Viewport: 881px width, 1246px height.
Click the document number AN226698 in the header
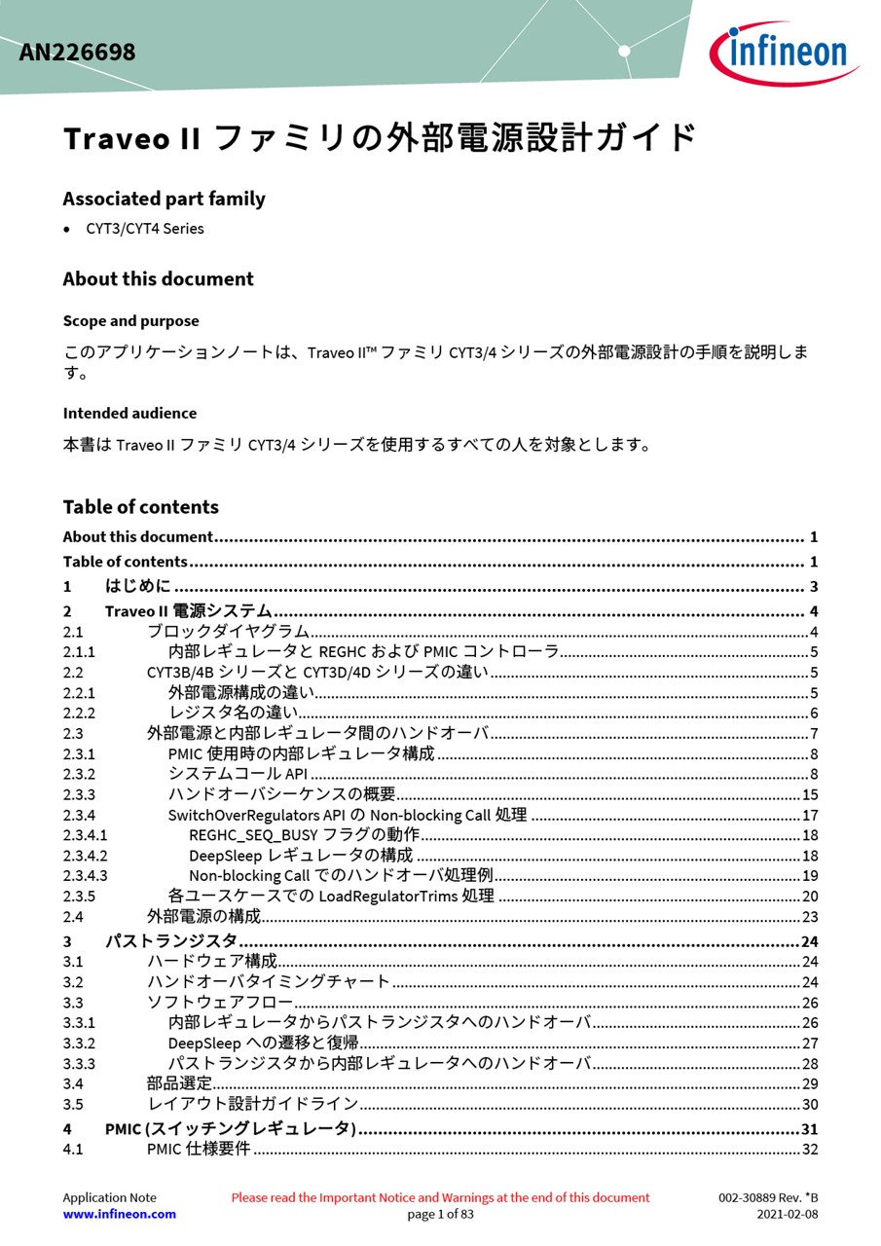point(77,52)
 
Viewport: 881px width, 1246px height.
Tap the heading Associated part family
point(164,199)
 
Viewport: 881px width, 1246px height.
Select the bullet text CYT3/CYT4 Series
point(145,229)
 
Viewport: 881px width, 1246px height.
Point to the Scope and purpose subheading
point(130,321)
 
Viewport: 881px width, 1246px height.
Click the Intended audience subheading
point(129,414)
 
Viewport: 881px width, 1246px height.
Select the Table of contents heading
point(140,507)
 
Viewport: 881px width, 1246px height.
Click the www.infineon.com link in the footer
point(119,1214)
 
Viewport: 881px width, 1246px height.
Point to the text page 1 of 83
point(440,1214)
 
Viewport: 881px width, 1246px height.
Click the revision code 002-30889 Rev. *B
point(768,1197)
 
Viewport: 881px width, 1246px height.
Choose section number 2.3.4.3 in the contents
point(85,876)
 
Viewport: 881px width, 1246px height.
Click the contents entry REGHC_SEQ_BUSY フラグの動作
point(304,835)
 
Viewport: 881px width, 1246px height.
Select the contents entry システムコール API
point(238,774)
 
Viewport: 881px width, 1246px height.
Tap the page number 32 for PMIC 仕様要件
point(809,1150)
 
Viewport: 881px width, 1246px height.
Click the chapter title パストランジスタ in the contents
point(171,941)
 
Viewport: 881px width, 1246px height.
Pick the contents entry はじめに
point(137,586)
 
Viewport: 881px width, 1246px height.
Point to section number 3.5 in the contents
point(73,1104)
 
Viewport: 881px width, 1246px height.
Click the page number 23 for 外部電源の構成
point(809,917)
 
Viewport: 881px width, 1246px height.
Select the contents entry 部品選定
point(179,1083)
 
